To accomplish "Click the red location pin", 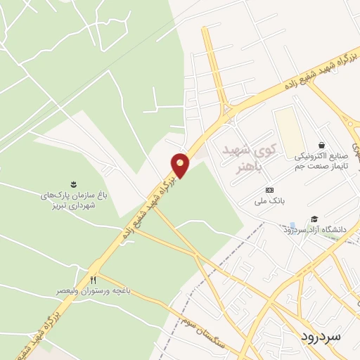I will tap(180, 164).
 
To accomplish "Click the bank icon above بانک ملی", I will tap(269, 190).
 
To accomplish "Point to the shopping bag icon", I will tap(321, 145).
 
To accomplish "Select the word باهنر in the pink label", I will tap(247, 167).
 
